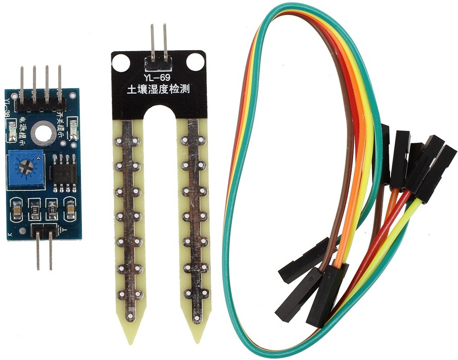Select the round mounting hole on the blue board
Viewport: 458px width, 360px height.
point(44,133)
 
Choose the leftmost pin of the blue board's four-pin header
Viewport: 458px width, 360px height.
point(21,84)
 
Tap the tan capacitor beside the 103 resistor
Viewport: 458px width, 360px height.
point(16,209)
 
